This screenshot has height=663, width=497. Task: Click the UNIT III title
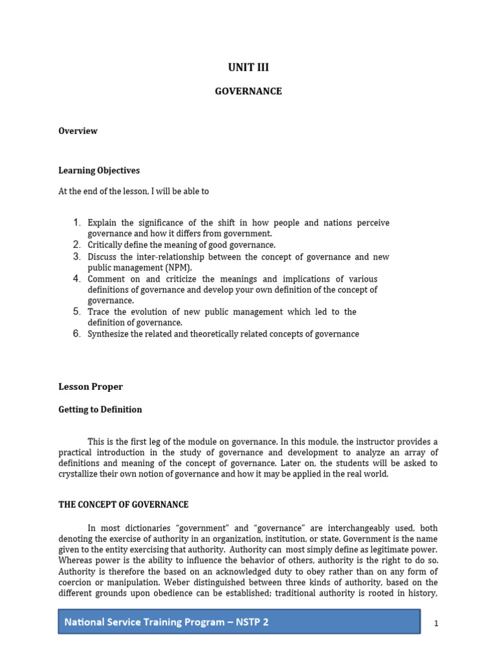pos(248,67)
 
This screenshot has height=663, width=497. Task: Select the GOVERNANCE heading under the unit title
pos(248,91)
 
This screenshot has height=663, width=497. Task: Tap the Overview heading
pos(78,131)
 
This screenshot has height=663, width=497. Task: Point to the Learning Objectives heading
pos(99,170)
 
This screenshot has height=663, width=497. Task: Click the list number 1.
pos(76,223)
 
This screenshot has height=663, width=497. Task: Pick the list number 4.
pos(76,278)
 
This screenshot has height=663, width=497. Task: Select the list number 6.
pos(76,333)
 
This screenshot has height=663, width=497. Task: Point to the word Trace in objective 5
pos(99,311)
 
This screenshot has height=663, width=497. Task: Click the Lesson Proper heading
pos(91,387)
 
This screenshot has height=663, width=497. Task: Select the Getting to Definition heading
pos(100,409)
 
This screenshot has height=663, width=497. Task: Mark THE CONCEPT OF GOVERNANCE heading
pos(124,504)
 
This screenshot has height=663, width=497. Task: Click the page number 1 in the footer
pos(436,623)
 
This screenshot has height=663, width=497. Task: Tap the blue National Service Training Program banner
pos(239,622)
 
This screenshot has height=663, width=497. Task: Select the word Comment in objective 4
pos(105,278)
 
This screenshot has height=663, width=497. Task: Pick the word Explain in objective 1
pos(102,223)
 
